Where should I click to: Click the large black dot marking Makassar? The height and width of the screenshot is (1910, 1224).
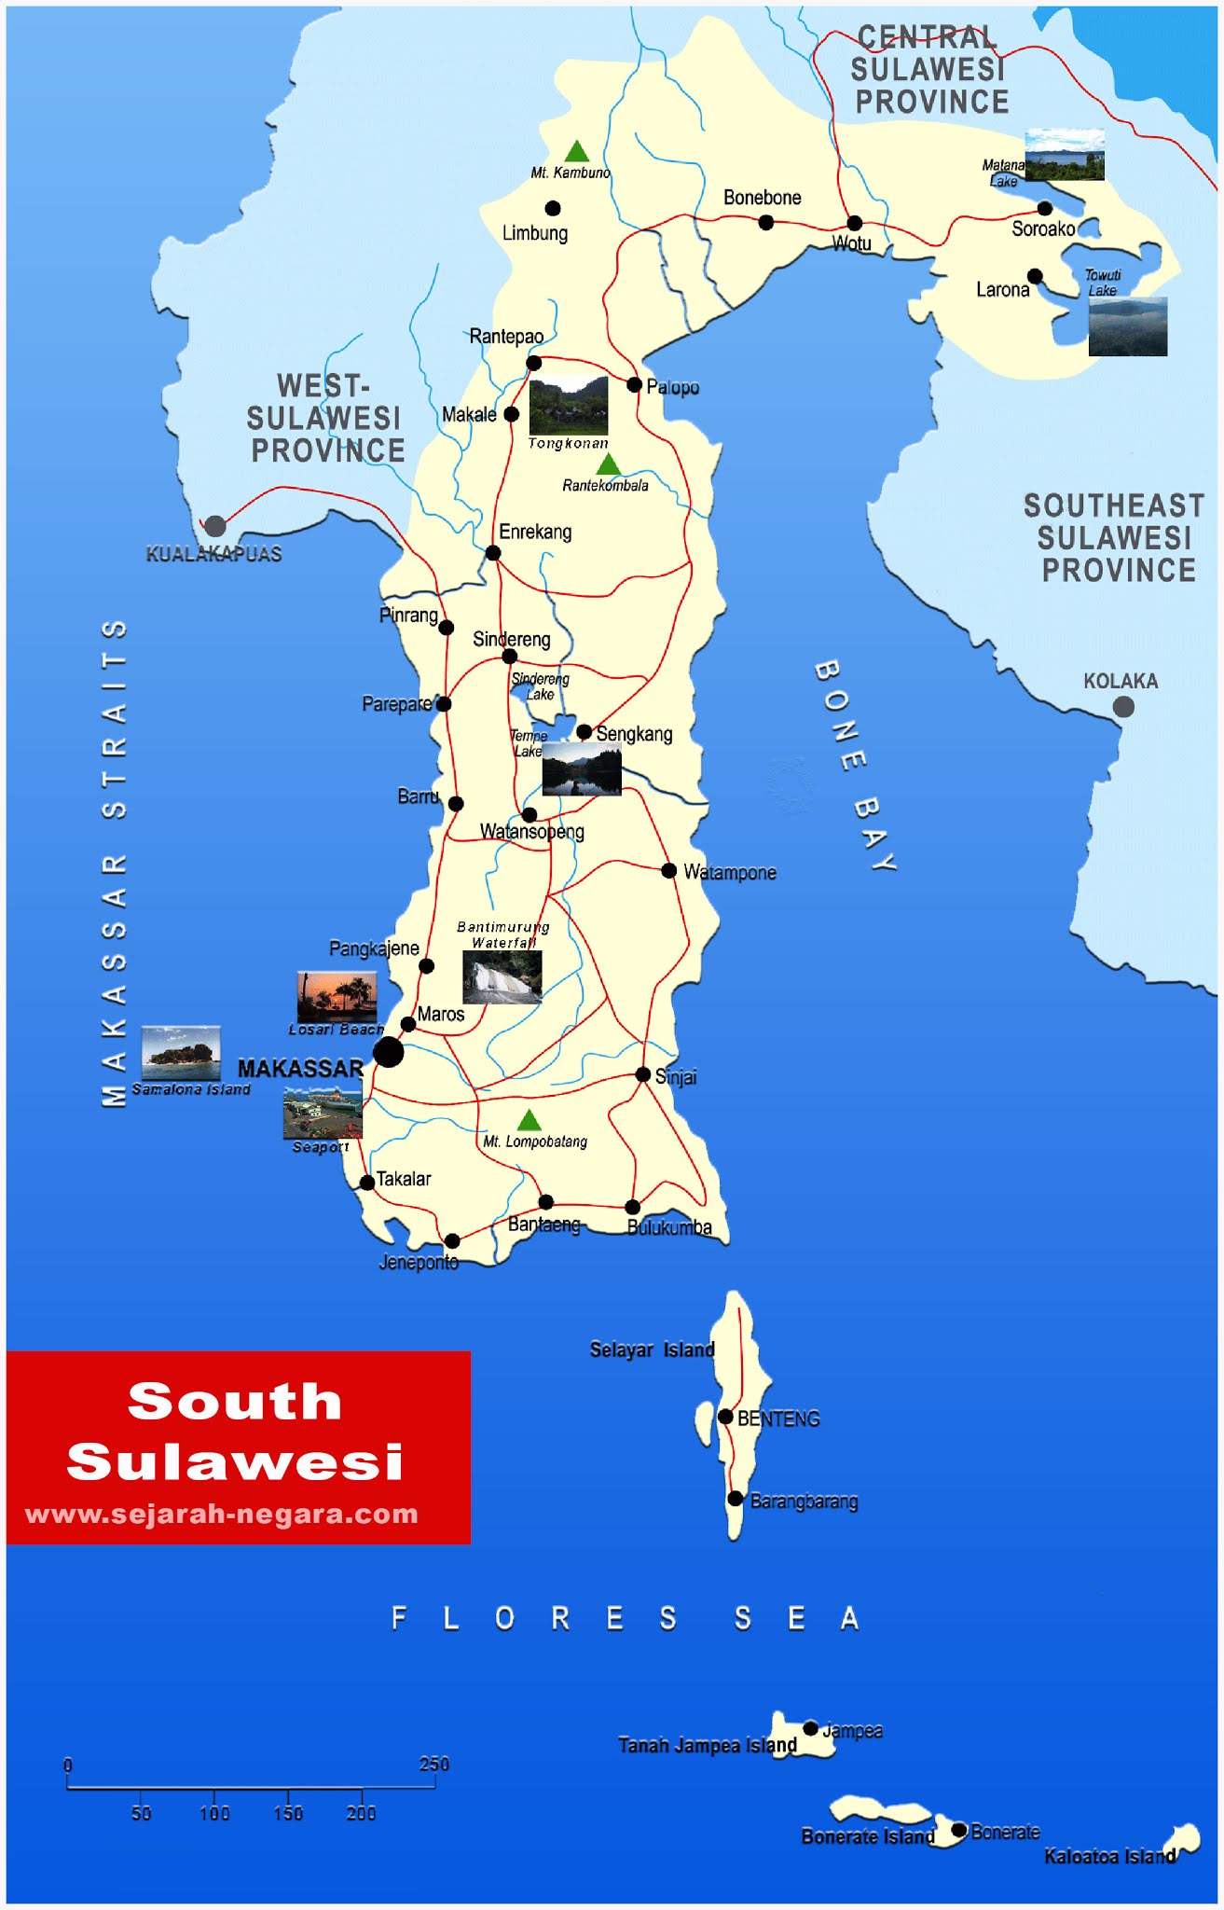pyautogui.click(x=388, y=1052)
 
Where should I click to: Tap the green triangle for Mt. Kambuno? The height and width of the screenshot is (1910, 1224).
pyautogui.click(x=577, y=152)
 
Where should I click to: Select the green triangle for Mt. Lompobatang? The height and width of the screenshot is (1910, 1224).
pyautogui.click(x=529, y=1120)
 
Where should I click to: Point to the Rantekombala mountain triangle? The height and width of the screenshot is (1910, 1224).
pyautogui.click(x=608, y=464)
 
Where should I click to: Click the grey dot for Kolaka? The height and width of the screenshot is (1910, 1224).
pyautogui.click(x=1123, y=707)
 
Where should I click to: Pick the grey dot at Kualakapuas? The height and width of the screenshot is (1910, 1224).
pyautogui.click(x=215, y=526)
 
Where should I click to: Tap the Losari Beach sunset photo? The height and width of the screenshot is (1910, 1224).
pyautogui.click(x=337, y=997)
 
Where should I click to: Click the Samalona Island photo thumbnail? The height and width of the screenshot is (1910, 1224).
pyautogui.click(x=181, y=1053)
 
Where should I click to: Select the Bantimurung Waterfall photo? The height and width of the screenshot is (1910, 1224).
pyautogui.click(x=502, y=977)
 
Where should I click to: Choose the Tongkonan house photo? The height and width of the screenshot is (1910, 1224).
pyautogui.click(x=568, y=406)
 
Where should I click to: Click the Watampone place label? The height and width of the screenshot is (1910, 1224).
pyautogui.click(x=730, y=873)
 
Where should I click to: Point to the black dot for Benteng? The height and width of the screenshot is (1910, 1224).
pyautogui.click(x=725, y=1416)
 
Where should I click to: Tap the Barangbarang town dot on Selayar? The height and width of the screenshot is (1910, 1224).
pyautogui.click(x=736, y=1499)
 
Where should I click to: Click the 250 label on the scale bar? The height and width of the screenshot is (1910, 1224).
pyautogui.click(x=433, y=1764)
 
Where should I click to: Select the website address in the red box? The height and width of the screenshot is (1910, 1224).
pyautogui.click(x=222, y=1514)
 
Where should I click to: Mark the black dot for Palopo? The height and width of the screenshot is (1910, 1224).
pyautogui.click(x=634, y=384)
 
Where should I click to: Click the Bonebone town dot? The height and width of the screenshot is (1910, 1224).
pyautogui.click(x=765, y=222)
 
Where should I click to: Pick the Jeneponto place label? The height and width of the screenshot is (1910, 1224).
pyautogui.click(x=419, y=1263)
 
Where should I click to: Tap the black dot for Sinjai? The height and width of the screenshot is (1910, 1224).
pyautogui.click(x=642, y=1074)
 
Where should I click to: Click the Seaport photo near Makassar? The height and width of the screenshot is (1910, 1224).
pyautogui.click(x=323, y=1114)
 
